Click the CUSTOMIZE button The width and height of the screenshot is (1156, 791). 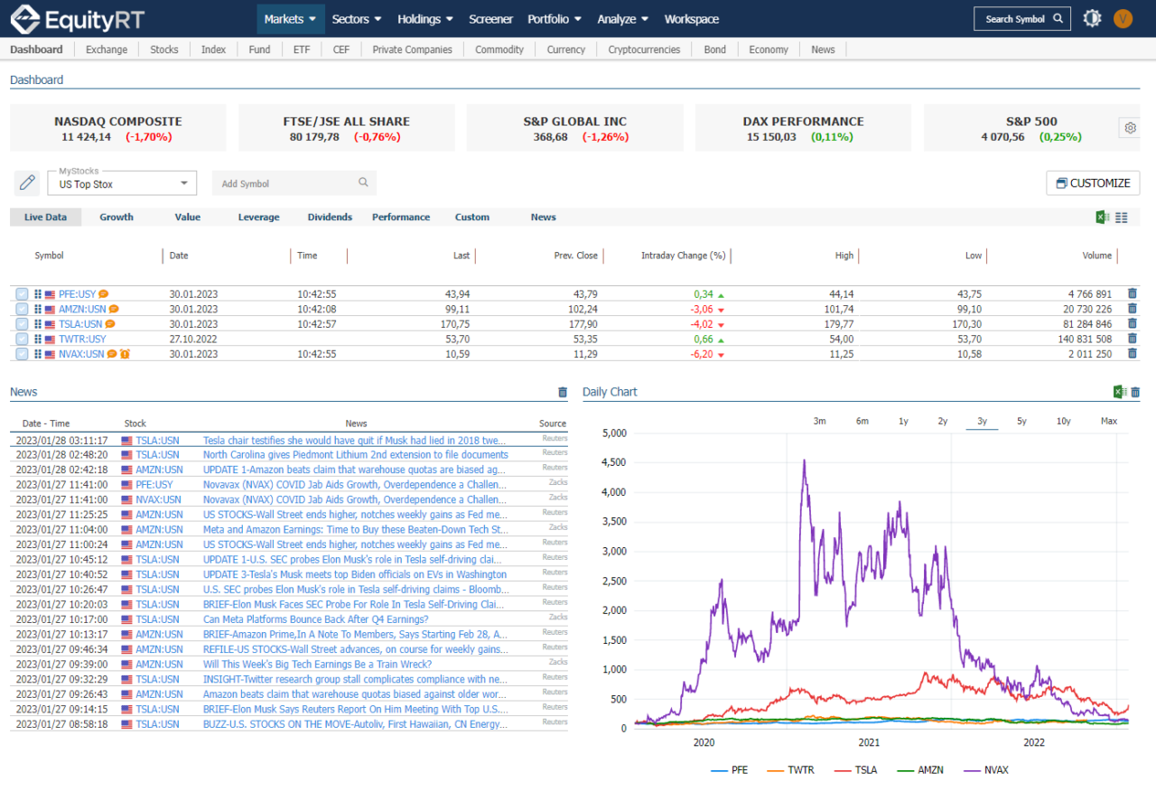pyautogui.click(x=1093, y=183)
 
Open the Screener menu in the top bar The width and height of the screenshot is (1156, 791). pyautogui.click(x=490, y=19)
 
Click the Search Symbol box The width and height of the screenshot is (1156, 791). pyautogui.click(x=1021, y=19)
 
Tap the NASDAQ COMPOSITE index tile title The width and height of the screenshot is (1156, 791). pyautogui.click(x=117, y=121)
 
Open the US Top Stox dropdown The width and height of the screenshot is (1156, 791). pyautogui.click(x=122, y=183)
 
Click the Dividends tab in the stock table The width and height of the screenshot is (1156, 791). pyautogui.click(x=330, y=217)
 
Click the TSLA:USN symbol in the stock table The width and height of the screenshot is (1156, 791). pyautogui.click(x=80, y=324)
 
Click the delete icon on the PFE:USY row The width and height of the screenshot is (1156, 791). pyautogui.click(x=1132, y=293)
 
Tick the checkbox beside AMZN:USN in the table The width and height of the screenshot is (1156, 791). pyautogui.click(x=22, y=309)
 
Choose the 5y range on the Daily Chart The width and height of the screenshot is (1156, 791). pyautogui.click(x=1021, y=421)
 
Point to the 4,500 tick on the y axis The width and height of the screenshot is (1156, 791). pyautogui.click(x=613, y=462)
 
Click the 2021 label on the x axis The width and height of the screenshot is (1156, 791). pyautogui.click(x=869, y=742)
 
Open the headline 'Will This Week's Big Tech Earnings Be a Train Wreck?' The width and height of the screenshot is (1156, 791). pyautogui.click(x=316, y=664)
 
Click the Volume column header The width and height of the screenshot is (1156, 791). pyautogui.click(x=1096, y=256)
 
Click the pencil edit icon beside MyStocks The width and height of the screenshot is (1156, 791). pyautogui.click(x=27, y=183)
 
